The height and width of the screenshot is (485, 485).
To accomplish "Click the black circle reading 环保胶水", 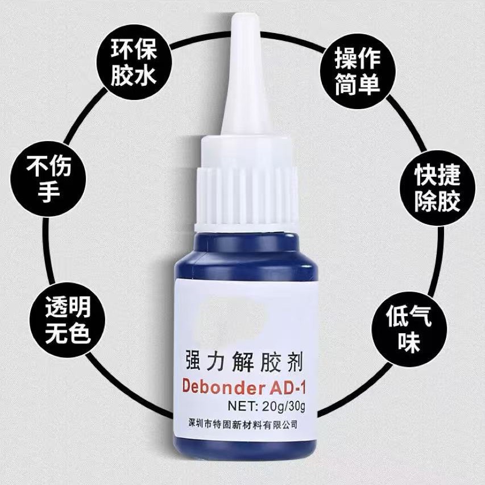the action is tap(134, 63).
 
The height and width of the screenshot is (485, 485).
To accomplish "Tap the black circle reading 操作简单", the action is tap(358, 71).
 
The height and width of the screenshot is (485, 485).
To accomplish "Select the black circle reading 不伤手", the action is tap(48, 179).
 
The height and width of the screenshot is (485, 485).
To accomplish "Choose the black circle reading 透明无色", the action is tap(68, 320).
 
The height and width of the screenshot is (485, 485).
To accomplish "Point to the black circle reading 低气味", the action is tap(409, 329).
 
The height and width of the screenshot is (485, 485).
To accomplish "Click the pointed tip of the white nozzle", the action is tap(242, 14).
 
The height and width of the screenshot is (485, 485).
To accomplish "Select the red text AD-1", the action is tap(287, 387).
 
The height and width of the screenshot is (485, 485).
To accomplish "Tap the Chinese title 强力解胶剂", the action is tap(244, 361).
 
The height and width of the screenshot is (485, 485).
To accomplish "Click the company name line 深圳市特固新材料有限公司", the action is tap(243, 424).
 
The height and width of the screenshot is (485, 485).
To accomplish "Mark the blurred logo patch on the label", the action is tap(233, 317).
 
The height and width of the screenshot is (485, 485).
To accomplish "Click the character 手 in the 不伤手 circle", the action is tap(48, 192).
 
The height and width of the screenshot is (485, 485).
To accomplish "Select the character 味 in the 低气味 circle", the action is tap(409, 342).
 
